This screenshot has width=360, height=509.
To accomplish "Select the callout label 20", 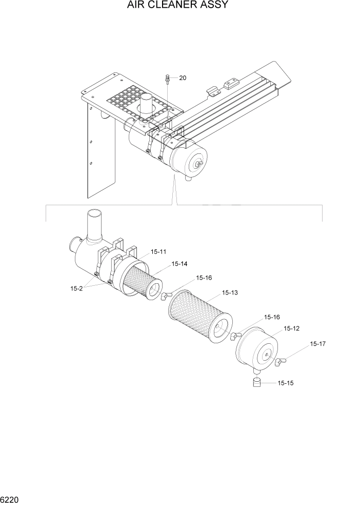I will click(x=183, y=78).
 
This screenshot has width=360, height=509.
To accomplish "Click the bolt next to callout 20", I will click(x=168, y=78).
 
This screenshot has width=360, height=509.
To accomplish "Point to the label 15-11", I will click(x=158, y=252).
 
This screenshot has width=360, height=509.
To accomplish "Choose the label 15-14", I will click(x=179, y=264).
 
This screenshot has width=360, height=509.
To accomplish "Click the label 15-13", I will click(x=230, y=293).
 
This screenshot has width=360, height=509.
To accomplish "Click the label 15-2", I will click(x=76, y=288).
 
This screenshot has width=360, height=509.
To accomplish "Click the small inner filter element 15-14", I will click(x=141, y=280).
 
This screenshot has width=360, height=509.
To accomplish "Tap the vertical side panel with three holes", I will click(x=100, y=154).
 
